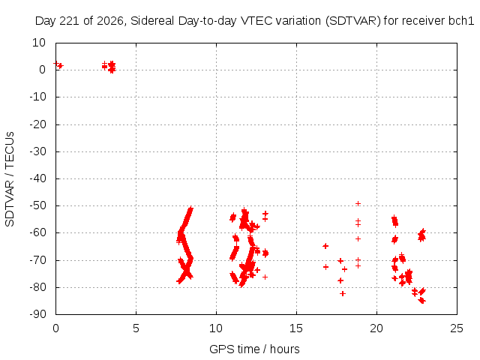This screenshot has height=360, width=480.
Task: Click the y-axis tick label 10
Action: click(x=39, y=43)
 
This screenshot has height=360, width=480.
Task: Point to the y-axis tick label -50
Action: click(x=37, y=205)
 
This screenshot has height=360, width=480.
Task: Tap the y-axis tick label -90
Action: click(x=37, y=314)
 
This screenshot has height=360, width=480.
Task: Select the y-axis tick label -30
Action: click(x=37, y=151)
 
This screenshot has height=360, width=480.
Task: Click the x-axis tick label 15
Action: click(x=296, y=328)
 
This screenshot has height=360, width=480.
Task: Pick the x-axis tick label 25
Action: click(x=457, y=328)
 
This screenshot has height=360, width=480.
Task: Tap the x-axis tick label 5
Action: click(x=136, y=328)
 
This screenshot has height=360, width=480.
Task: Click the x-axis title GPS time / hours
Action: click(x=254, y=349)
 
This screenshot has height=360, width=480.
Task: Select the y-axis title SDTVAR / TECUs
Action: click(x=10, y=179)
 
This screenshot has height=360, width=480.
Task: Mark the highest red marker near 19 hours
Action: click(x=358, y=203)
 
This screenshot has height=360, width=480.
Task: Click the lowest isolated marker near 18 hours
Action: click(x=343, y=293)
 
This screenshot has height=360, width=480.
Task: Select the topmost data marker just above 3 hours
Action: click(x=104, y=63)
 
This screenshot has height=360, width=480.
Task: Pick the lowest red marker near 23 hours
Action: click(x=423, y=301)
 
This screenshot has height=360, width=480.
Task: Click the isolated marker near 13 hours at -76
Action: click(x=265, y=277)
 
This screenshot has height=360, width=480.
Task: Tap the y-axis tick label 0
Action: click(x=42, y=70)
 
